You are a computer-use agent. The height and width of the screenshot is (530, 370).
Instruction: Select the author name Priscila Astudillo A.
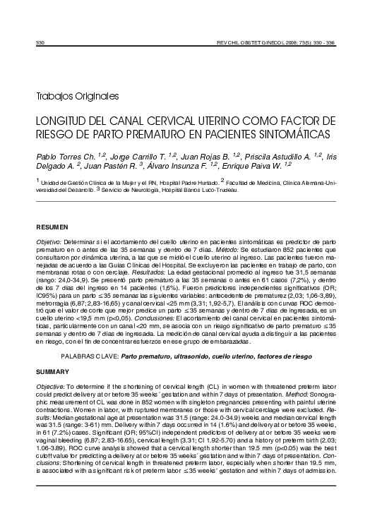[265, 155]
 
